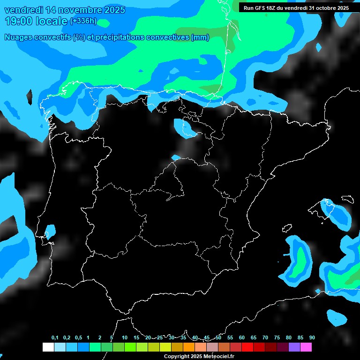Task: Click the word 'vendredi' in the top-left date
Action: (24, 10)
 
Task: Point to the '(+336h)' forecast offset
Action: (83, 21)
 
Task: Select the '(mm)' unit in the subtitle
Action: (200, 37)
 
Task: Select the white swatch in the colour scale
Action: (48, 347)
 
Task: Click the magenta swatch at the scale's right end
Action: (306, 347)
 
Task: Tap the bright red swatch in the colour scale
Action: (247, 347)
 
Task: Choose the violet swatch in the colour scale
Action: (294, 347)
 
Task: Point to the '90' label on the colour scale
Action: (312, 338)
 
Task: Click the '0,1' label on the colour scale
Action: (54, 338)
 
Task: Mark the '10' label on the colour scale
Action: (124, 338)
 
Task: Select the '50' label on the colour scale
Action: (218, 338)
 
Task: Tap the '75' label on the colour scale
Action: (277, 338)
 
